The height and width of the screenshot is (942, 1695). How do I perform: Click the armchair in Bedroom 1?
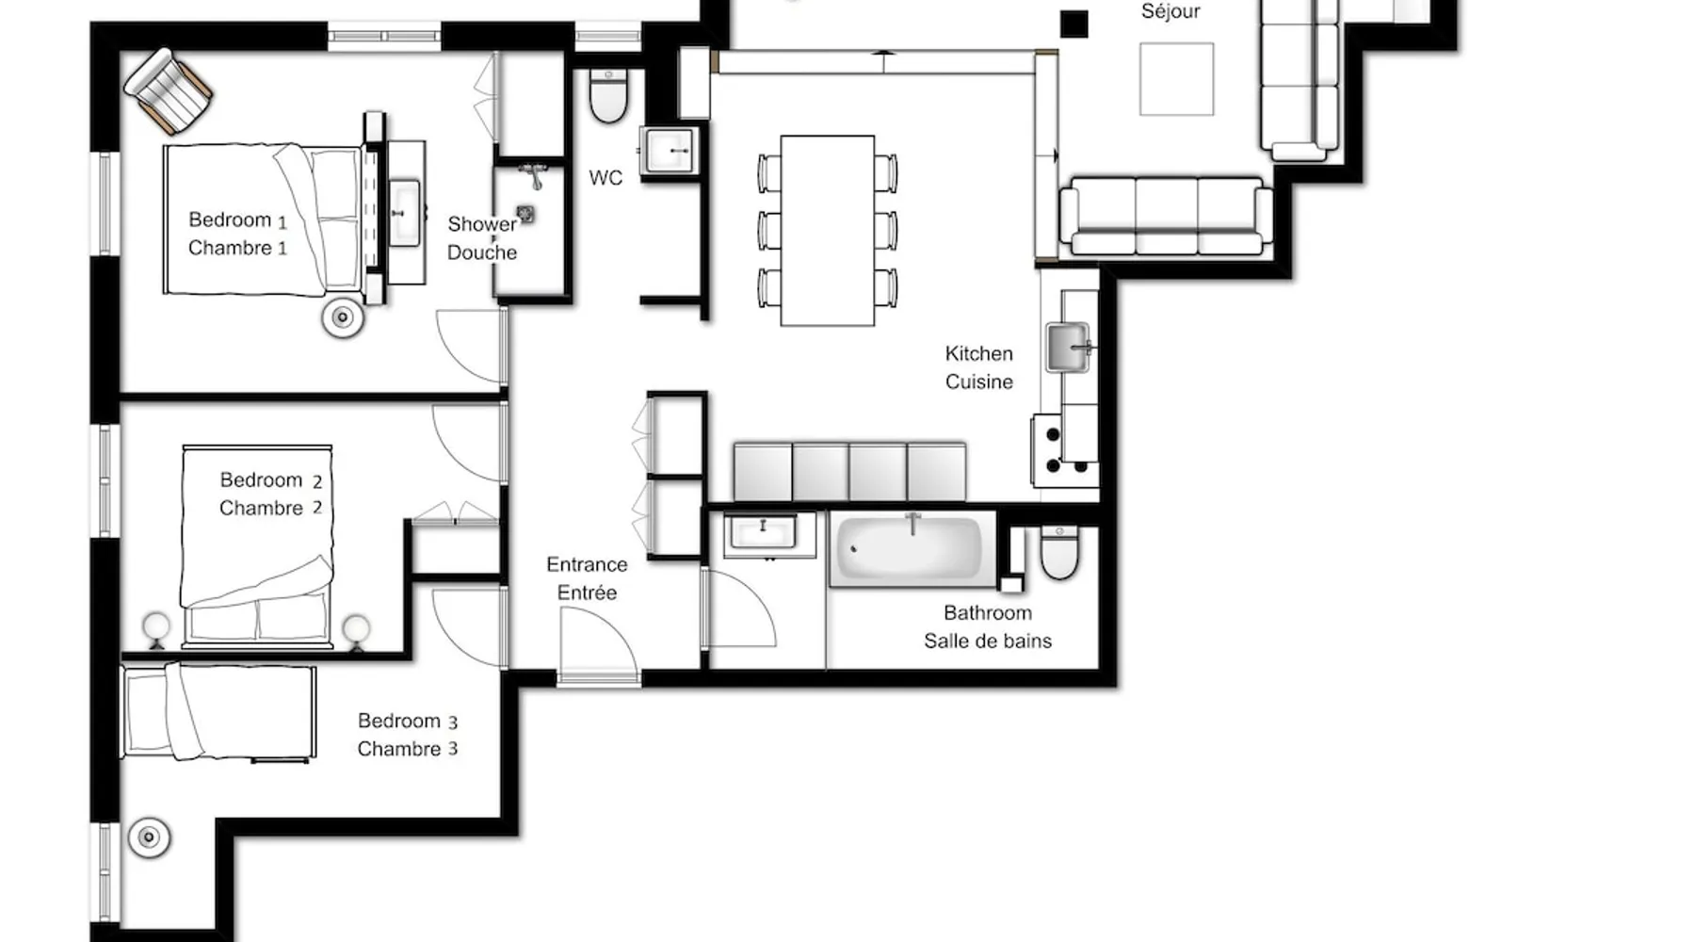pyautogui.click(x=169, y=90)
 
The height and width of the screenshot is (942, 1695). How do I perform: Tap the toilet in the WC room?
pyautogui.click(x=608, y=95)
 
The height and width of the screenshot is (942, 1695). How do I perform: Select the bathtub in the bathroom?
pyautogui.click(x=911, y=549)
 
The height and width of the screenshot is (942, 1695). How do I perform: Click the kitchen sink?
pyautogui.click(x=1069, y=347)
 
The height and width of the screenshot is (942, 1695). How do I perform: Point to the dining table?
pyautogui.click(x=828, y=231)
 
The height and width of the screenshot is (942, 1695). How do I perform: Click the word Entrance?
pyautogui.click(x=587, y=564)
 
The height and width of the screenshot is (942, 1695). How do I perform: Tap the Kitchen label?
pyautogui.click(x=979, y=353)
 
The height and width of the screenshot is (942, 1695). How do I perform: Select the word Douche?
pyautogui.click(x=482, y=252)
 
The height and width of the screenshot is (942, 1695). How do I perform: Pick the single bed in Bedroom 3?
pyautogui.click(x=218, y=711)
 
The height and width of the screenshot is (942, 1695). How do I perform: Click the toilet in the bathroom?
pyautogui.click(x=1059, y=552)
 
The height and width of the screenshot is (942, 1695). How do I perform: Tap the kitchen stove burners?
pyautogui.click(x=1065, y=450)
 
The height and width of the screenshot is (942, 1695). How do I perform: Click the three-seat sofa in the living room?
pyautogui.click(x=1166, y=216)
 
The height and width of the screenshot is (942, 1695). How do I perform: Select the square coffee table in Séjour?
pyautogui.click(x=1176, y=79)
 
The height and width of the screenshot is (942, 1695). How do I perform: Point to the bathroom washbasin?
pyautogui.click(x=764, y=534)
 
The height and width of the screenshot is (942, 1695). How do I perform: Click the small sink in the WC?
pyautogui.click(x=670, y=150)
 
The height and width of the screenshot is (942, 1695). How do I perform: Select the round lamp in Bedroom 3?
pyautogui.click(x=149, y=836)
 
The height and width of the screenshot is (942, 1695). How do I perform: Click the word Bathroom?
pyautogui.click(x=988, y=612)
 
